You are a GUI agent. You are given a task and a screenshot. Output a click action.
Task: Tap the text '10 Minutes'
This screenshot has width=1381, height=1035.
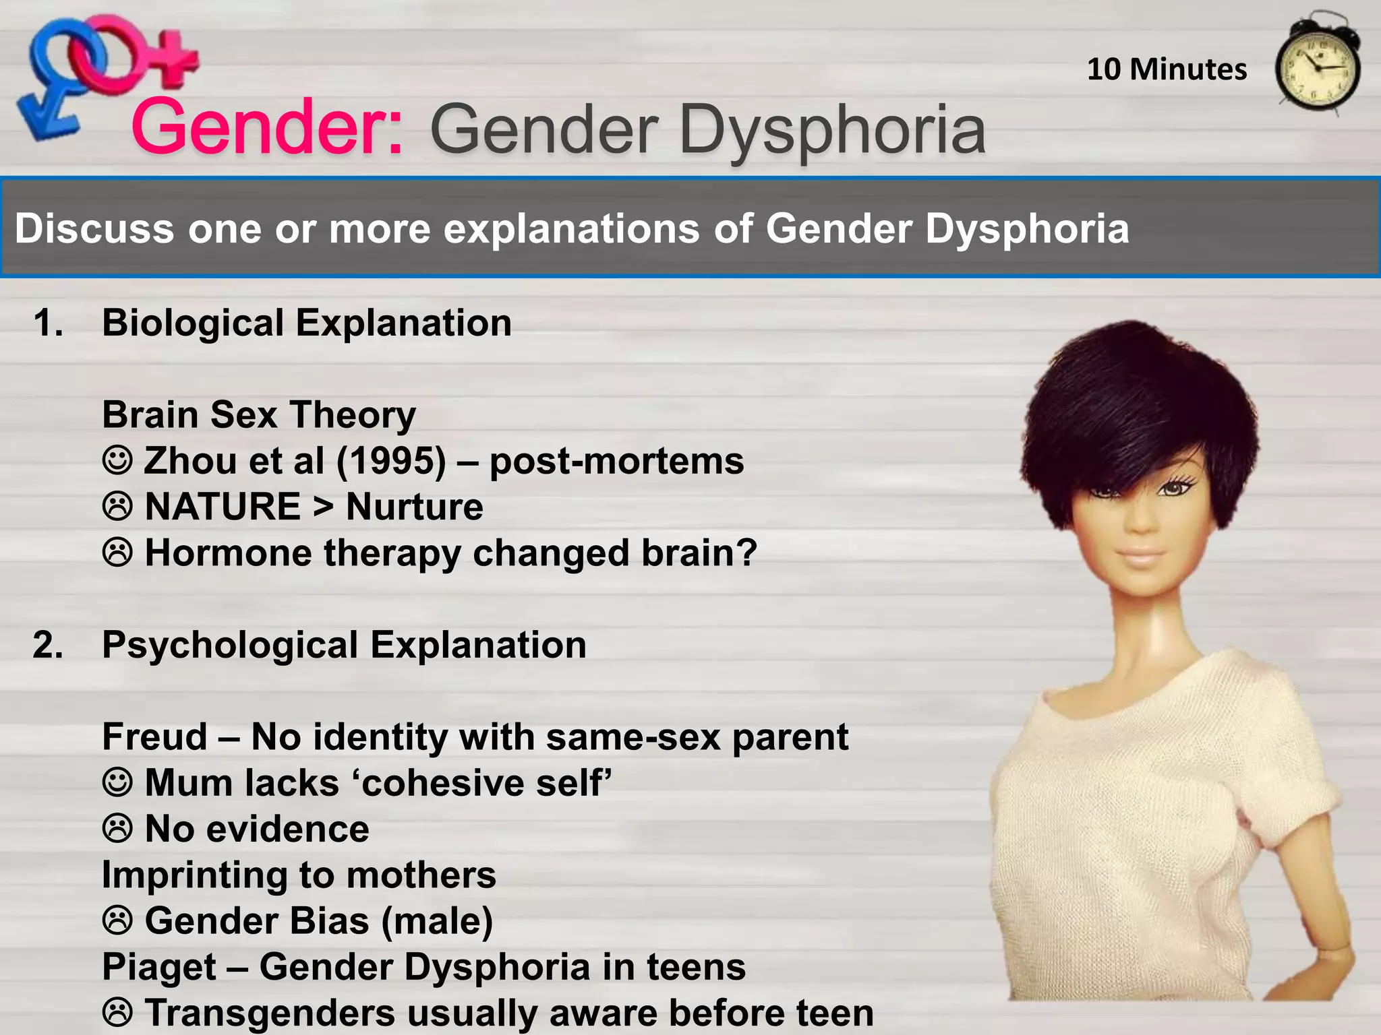pos(1167,69)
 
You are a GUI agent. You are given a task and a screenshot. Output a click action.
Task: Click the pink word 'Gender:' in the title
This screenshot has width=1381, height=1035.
pos(268,127)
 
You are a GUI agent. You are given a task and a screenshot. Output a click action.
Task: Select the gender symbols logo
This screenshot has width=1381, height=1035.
pos(101,74)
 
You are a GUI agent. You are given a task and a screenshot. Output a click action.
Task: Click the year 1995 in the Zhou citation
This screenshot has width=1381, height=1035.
pos(391,462)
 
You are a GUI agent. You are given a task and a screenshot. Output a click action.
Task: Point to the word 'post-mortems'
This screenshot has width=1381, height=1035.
pos(616,462)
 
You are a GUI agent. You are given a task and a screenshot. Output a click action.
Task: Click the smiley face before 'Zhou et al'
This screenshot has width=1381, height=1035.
pos(117,461)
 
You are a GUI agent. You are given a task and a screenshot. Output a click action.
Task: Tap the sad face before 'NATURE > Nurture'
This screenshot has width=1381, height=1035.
pos(117,507)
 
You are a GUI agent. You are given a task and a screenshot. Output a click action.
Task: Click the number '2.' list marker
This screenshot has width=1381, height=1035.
pos(49,645)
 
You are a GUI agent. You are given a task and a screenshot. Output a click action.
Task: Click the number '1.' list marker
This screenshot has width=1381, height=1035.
pos(49,323)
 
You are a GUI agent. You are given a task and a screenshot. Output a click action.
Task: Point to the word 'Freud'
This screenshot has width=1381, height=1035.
pos(154,736)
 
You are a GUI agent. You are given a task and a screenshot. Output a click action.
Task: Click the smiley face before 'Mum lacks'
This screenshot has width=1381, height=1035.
pos(117,783)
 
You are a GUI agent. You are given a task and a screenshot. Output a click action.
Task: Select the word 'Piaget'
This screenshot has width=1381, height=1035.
pos(159,967)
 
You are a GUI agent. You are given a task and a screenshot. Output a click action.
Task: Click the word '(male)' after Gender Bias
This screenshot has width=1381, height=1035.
pos(437,921)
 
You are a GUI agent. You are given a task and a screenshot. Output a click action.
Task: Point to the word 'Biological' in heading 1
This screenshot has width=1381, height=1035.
pos(193,323)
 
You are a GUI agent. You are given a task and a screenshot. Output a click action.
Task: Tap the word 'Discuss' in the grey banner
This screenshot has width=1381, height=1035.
pos(95,228)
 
